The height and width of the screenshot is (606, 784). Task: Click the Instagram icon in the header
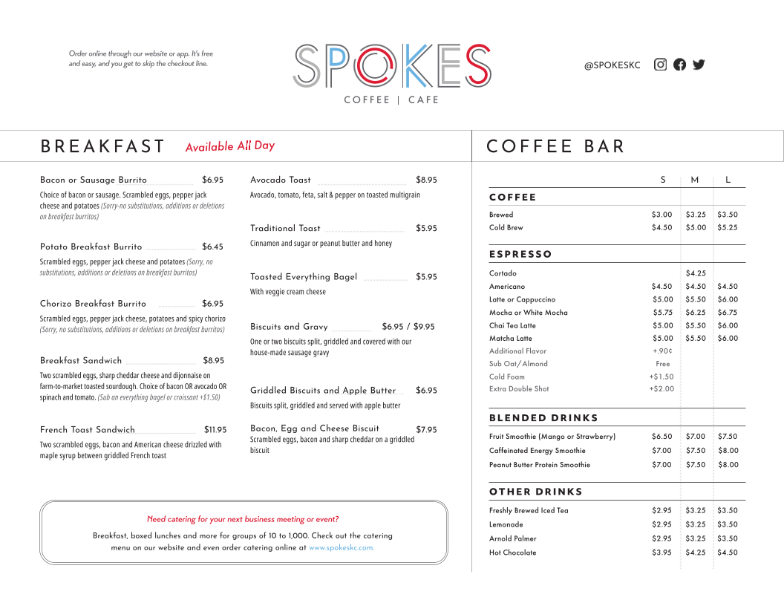(660, 65)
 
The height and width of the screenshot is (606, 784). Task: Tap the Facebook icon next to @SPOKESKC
(679, 65)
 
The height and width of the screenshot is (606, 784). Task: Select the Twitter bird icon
(699, 65)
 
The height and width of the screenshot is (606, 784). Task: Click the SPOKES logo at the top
(392, 67)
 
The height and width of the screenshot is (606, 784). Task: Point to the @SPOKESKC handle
(612, 65)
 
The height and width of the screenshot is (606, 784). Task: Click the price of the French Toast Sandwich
(215, 430)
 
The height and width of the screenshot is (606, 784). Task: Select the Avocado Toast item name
(281, 180)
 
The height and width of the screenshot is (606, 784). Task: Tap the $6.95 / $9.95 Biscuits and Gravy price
(408, 327)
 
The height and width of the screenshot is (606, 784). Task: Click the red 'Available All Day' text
(230, 146)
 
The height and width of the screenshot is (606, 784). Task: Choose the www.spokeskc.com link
(342, 548)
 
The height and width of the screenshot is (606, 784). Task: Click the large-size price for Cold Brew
(728, 228)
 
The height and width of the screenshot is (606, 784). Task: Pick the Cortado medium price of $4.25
(696, 273)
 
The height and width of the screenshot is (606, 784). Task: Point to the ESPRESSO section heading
(520, 254)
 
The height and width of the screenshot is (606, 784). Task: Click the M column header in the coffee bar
(695, 180)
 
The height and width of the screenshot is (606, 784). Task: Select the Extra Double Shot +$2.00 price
(661, 389)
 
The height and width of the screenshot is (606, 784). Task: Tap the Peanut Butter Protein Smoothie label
(540, 465)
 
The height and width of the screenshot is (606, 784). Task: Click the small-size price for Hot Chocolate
(661, 553)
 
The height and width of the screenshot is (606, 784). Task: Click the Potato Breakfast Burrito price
(212, 247)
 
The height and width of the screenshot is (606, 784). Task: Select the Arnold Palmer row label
(512, 538)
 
